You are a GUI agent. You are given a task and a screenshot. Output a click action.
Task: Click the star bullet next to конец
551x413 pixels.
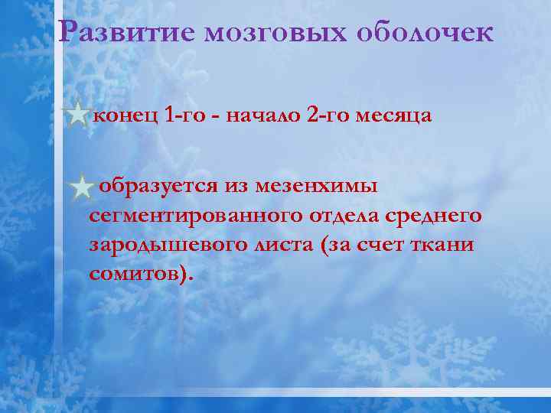(77, 117)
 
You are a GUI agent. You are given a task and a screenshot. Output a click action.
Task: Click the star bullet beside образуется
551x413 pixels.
(81, 186)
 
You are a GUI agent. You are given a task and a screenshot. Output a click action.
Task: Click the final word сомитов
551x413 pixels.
(135, 274)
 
